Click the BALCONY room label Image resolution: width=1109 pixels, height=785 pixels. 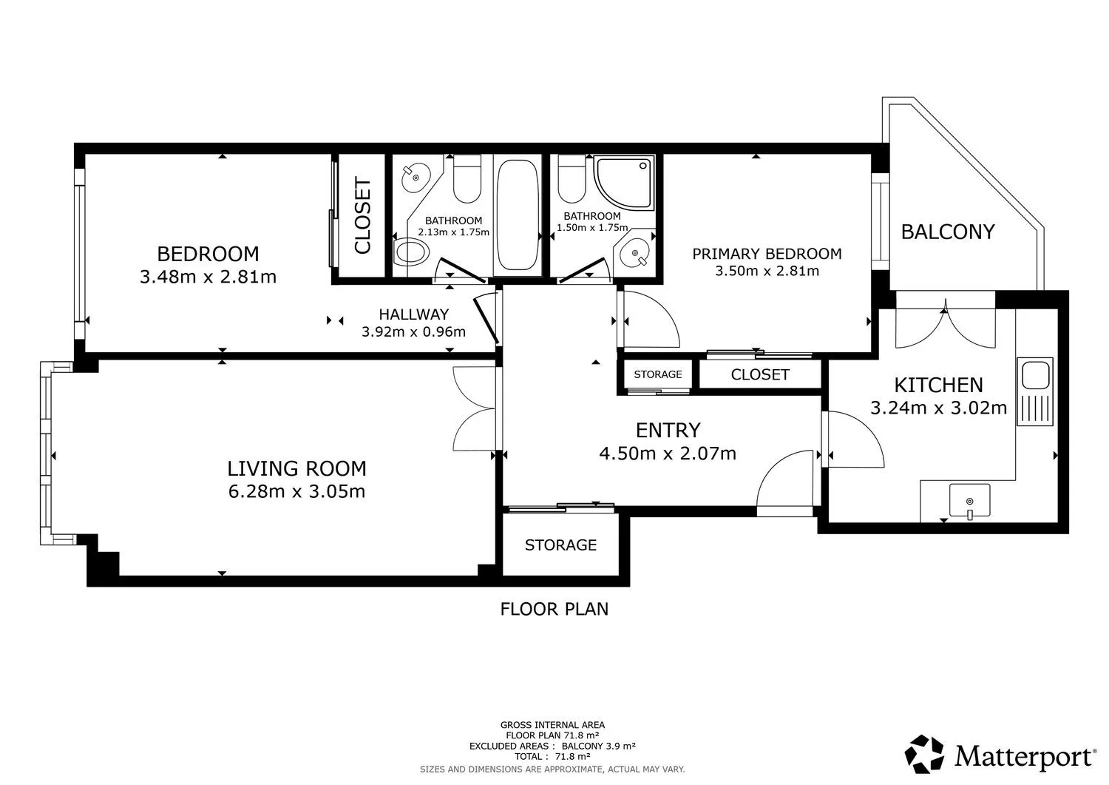click(948, 232)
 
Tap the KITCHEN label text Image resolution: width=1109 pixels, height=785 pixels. click(939, 385)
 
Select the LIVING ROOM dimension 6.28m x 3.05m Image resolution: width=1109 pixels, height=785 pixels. click(297, 491)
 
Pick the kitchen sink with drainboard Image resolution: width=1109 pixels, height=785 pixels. click(1035, 391)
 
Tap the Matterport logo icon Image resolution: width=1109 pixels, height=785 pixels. click(924, 754)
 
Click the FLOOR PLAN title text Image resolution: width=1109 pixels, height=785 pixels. click(554, 609)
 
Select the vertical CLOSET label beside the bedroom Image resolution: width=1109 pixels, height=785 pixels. click(363, 215)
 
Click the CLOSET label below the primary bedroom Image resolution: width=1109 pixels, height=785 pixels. click(760, 374)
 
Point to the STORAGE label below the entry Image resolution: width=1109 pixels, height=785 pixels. click(560, 545)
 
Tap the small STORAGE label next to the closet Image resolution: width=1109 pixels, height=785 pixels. click(658, 374)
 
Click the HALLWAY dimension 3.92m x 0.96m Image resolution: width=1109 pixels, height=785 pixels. click(414, 331)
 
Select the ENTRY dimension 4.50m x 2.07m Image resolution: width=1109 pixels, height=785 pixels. click(668, 454)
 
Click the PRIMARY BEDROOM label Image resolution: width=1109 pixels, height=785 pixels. click(767, 254)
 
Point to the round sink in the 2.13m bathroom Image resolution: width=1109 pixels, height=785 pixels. click(416, 177)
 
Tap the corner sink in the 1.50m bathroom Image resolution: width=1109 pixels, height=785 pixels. click(636, 255)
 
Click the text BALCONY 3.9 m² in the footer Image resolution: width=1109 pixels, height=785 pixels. click(599, 746)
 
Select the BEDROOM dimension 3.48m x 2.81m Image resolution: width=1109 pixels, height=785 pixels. click(208, 277)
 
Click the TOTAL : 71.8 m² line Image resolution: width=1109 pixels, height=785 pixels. click(552, 757)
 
